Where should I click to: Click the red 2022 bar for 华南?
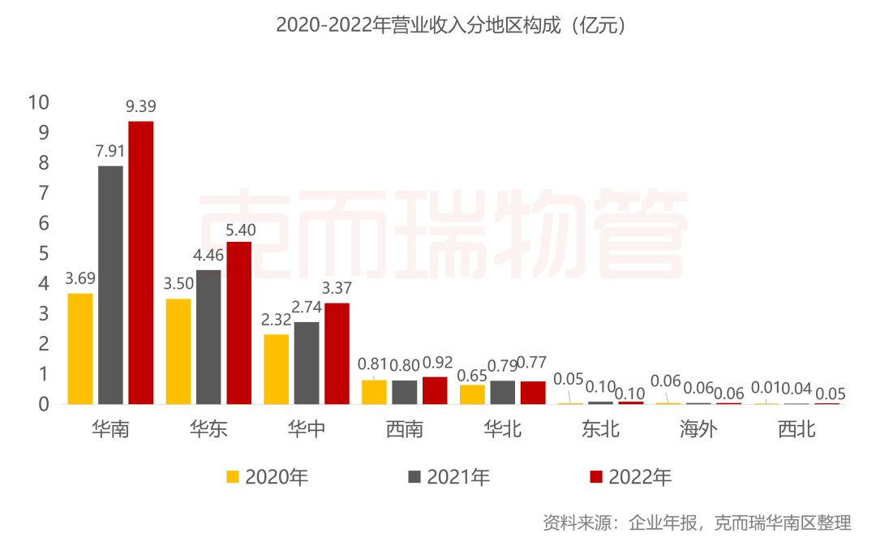pos(140,262)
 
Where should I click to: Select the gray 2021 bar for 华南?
pos(110,285)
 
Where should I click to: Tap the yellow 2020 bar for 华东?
pos(178,351)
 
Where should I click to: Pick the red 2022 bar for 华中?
pos(337,353)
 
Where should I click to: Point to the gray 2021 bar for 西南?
pos(405,392)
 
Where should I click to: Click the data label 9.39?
pos(140,106)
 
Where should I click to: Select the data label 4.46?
pos(208,256)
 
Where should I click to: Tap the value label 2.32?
pos(277,320)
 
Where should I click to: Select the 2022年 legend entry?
pos(630,477)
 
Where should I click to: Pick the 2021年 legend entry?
pos(449,477)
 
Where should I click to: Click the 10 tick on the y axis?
pos(38,102)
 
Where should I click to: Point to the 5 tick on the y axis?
pos(43,253)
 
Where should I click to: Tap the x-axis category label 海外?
pos(698,429)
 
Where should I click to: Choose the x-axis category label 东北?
pos(600,429)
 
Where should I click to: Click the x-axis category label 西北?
pos(797,429)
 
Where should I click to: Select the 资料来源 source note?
pos(697,522)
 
